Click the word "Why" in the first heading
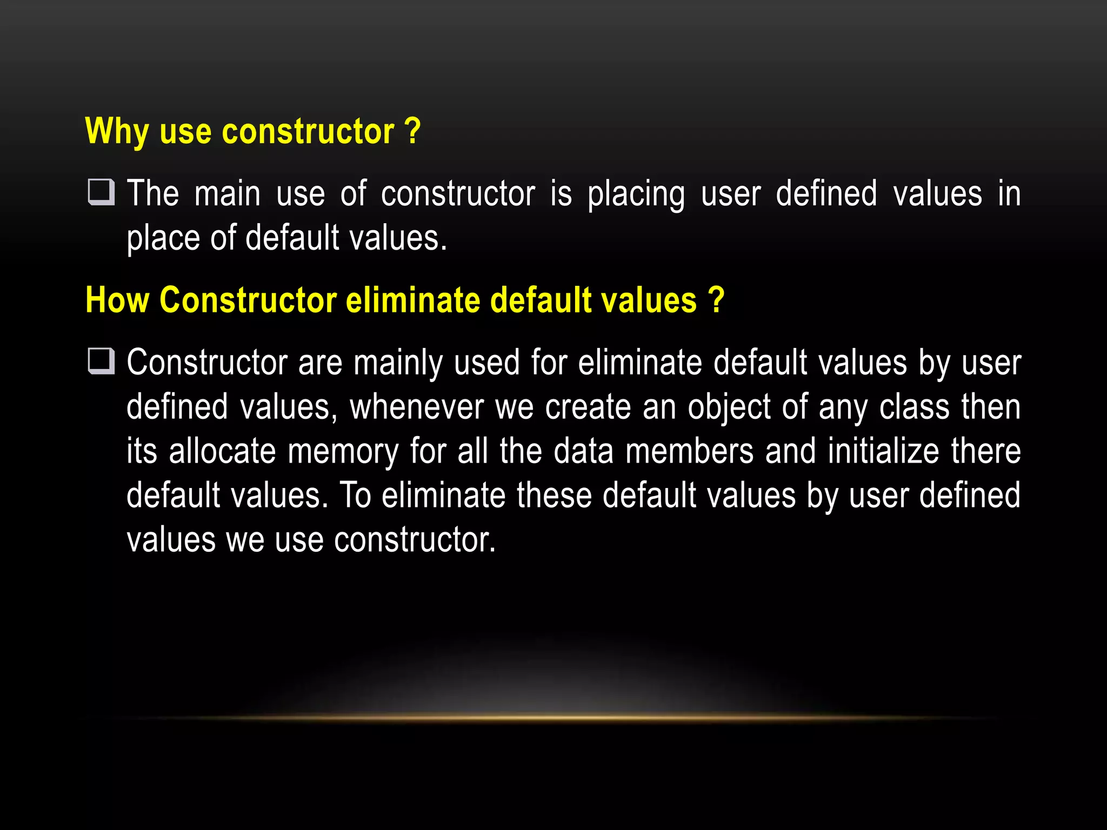[117, 131]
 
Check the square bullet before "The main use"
[102, 193]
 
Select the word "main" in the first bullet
[227, 193]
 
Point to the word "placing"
[636, 195]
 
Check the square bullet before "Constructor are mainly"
[102, 362]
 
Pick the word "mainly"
[398, 363]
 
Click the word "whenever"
[417, 407]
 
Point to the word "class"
[914, 407]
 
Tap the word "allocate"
[222, 451]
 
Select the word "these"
[554, 496]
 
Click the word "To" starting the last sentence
[355, 496]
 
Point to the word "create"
[588, 407]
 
